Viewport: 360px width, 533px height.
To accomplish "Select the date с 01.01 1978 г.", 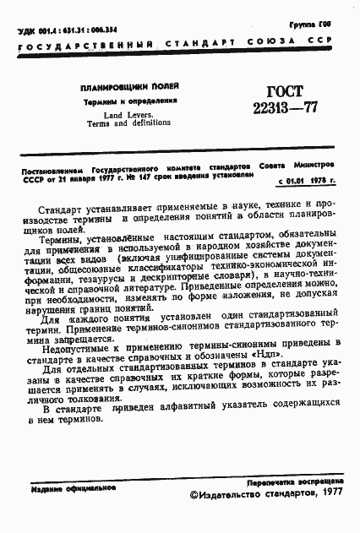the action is coord(305,181).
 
